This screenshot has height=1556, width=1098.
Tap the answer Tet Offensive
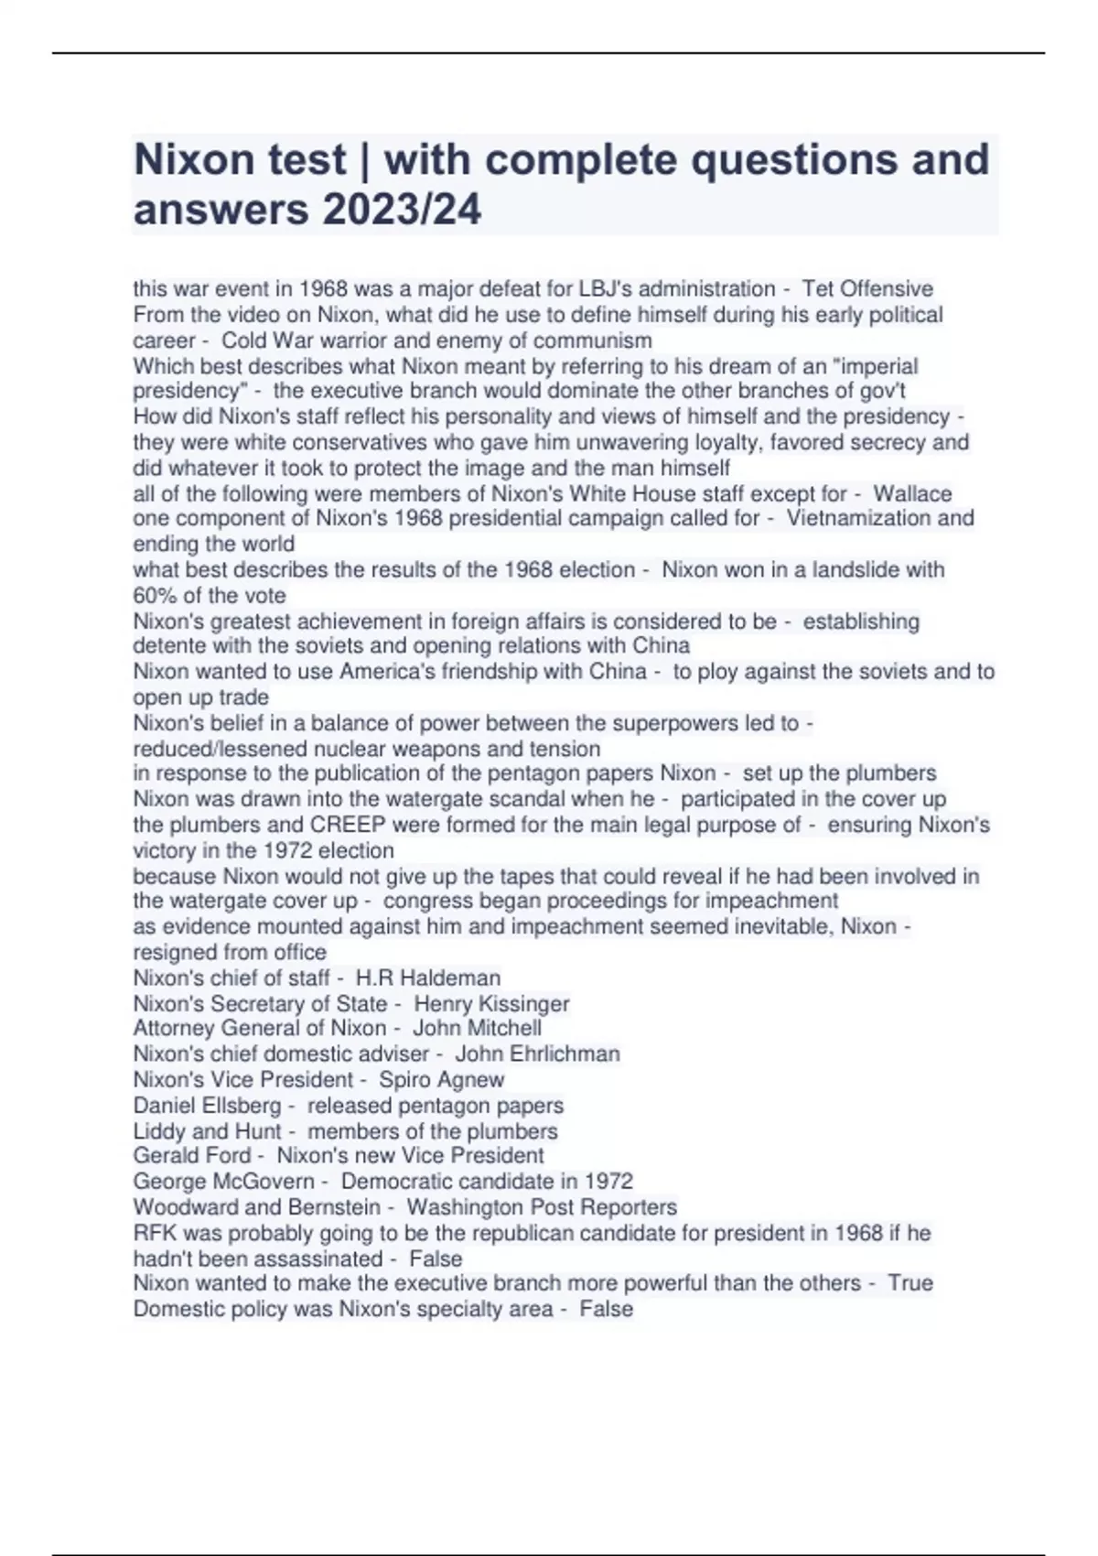click(867, 289)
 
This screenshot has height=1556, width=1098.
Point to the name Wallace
click(912, 494)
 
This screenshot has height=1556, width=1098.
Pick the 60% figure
click(156, 595)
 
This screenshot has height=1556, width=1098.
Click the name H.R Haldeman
click(428, 978)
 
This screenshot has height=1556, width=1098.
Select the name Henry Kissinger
click(491, 1003)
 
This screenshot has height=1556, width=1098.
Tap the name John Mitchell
click(477, 1028)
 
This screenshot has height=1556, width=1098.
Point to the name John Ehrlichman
click(537, 1054)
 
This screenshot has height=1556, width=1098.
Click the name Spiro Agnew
click(441, 1079)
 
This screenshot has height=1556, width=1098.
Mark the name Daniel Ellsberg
click(207, 1105)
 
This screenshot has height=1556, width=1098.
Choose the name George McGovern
click(223, 1181)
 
